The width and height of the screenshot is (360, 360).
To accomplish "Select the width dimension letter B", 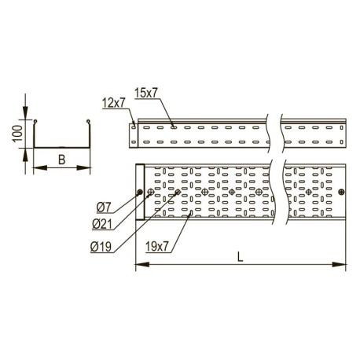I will coord(61,159).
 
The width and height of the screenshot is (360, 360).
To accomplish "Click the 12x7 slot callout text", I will coord(114,102).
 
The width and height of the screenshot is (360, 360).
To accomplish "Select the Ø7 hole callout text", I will coord(104,208).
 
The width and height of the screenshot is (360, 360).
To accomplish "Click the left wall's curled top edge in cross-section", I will coord(35,121).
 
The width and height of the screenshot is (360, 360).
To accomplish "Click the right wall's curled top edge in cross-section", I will coord(88,121).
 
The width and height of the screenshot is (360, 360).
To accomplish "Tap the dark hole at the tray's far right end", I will coord(340,192).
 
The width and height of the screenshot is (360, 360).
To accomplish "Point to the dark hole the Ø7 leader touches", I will coord(140,192).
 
